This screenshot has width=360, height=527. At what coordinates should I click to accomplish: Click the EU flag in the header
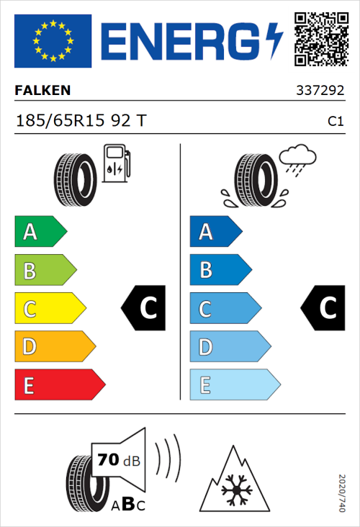53,41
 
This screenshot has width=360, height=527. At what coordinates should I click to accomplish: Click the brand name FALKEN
43,91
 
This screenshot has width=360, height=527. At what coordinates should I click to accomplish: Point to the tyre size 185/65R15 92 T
81,121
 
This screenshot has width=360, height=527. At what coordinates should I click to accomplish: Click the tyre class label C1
335,122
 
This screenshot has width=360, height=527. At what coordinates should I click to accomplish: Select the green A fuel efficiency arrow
40,232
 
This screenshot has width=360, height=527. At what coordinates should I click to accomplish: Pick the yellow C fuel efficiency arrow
49,309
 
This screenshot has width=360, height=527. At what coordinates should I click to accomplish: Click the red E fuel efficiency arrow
59,385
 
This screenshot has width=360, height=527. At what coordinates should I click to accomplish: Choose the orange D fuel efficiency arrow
54,347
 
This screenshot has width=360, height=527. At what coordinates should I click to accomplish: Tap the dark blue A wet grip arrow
215,232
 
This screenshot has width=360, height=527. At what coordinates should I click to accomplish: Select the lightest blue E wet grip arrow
234,385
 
